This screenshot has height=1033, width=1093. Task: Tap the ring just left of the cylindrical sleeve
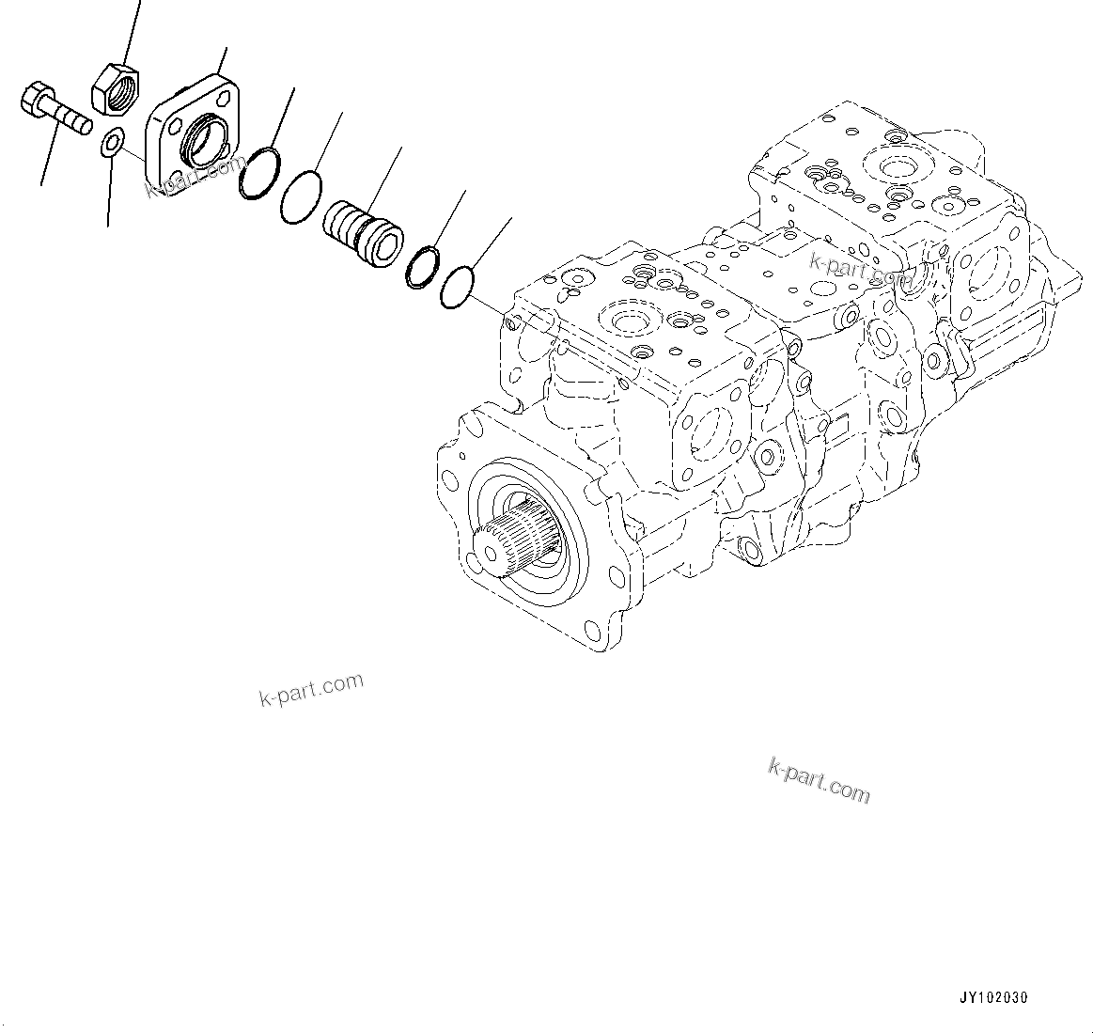tap(300, 197)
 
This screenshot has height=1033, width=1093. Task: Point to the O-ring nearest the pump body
tap(457, 287)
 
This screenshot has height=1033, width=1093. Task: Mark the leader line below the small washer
tap(110, 193)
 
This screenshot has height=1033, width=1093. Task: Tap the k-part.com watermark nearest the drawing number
tap(819, 780)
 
